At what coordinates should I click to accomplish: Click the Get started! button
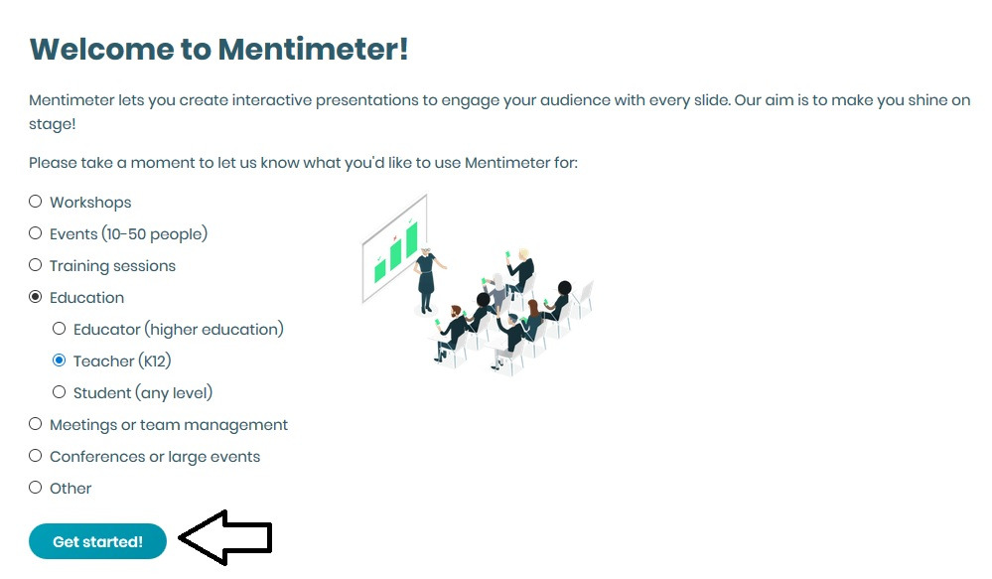[97, 541]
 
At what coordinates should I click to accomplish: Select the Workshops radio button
[36, 202]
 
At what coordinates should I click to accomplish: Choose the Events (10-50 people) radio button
[36, 232]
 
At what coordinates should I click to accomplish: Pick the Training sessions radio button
[36, 265]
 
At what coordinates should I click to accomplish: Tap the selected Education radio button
[36, 297]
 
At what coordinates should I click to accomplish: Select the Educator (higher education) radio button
[59, 329]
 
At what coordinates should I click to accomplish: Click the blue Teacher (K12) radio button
[59, 361]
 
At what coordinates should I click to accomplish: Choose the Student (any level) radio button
[59, 392]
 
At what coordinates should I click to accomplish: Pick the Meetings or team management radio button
[36, 424]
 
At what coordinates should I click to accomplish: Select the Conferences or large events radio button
[36, 456]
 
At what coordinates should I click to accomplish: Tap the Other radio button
[36, 488]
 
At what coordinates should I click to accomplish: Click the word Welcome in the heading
[101, 49]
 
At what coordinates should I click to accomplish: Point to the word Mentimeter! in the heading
[313, 49]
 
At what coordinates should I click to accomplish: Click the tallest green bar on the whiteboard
[412, 239]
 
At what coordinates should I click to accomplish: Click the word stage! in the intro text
[52, 124]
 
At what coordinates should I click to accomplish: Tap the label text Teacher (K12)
[122, 362]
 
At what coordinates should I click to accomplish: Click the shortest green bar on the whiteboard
[380, 271]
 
